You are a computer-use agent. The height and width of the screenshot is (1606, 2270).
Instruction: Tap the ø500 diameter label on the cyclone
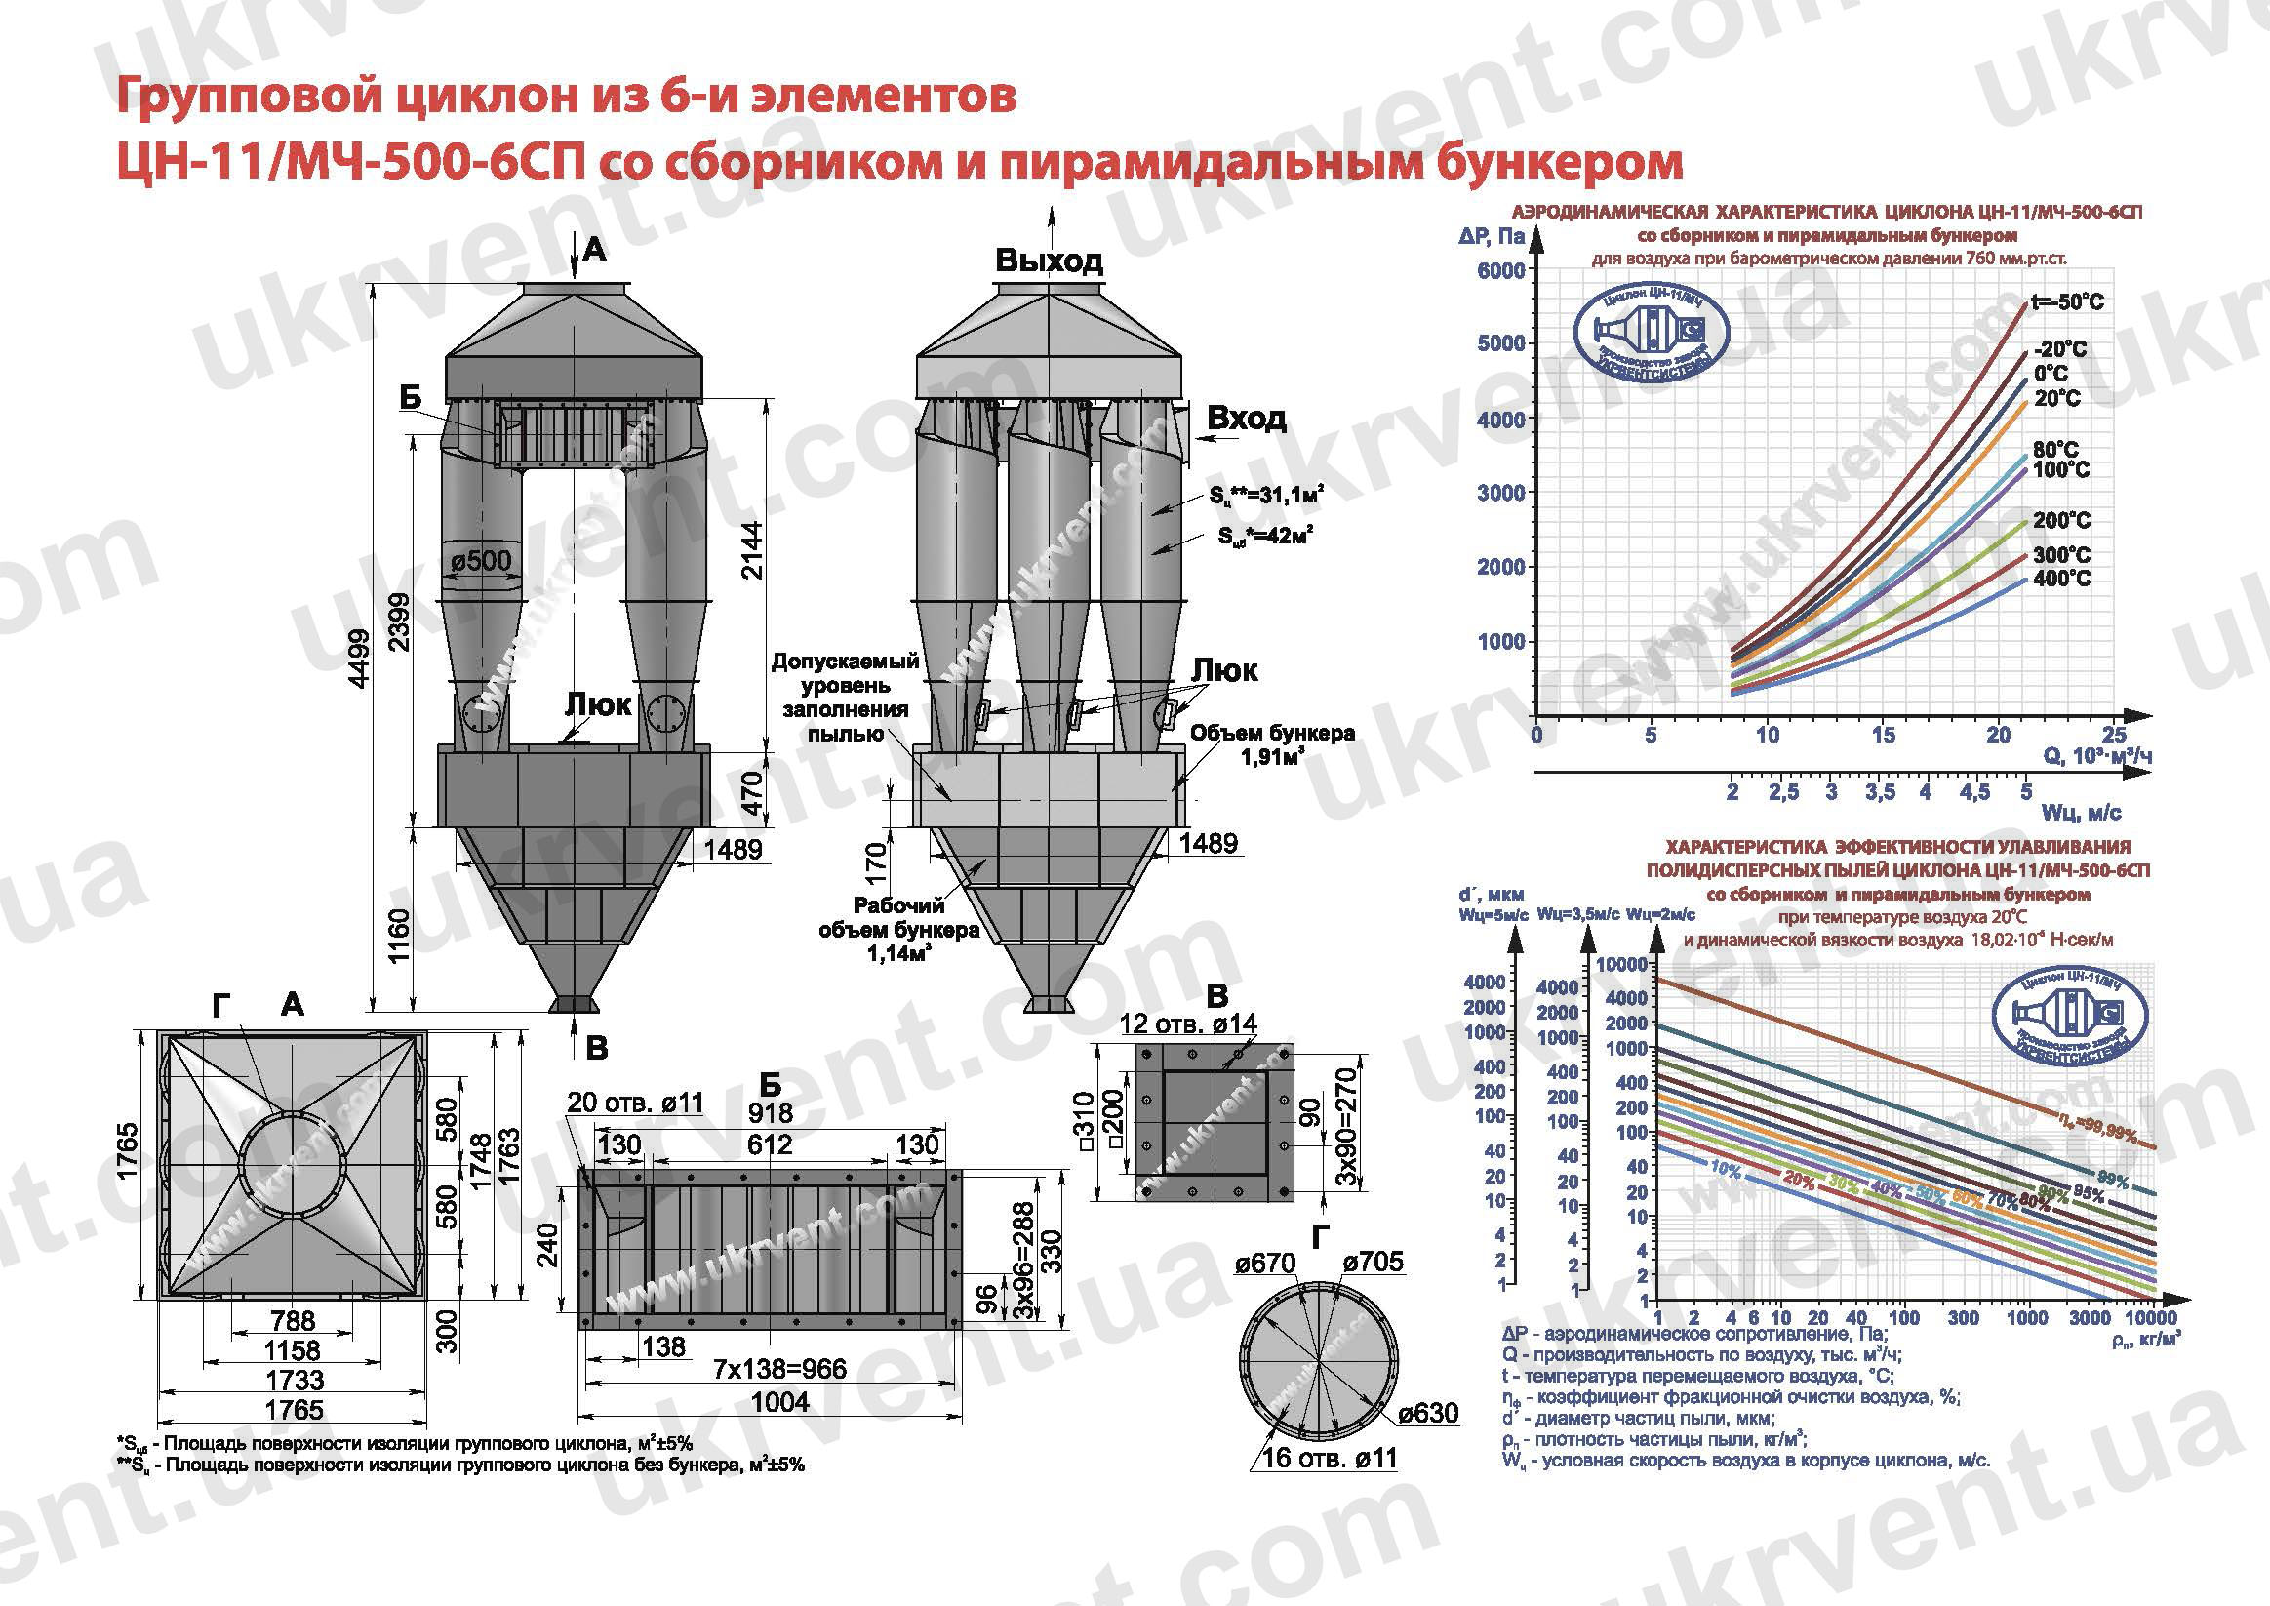click(482, 562)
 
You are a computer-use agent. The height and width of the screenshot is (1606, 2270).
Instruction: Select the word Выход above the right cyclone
click(1049, 261)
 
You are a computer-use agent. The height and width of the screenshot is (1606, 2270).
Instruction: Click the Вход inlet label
click(1247, 419)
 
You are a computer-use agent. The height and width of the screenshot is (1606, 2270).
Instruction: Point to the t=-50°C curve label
click(2067, 302)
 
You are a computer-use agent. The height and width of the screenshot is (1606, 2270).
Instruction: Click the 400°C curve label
click(2061, 579)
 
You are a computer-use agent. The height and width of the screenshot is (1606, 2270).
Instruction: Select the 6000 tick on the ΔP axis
click(1500, 271)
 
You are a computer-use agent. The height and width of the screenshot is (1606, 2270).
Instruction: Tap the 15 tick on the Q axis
click(1883, 735)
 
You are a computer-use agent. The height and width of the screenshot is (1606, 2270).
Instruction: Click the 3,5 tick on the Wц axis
click(1880, 792)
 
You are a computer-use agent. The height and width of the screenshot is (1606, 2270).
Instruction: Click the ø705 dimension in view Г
click(1373, 1262)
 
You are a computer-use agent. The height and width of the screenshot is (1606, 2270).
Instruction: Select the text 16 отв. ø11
click(1330, 1458)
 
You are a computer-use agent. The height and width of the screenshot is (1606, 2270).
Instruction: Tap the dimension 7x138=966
click(779, 1369)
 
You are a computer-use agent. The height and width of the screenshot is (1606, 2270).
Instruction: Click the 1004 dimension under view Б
click(780, 1401)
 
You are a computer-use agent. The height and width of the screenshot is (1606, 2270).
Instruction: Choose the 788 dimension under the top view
click(293, 1320)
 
